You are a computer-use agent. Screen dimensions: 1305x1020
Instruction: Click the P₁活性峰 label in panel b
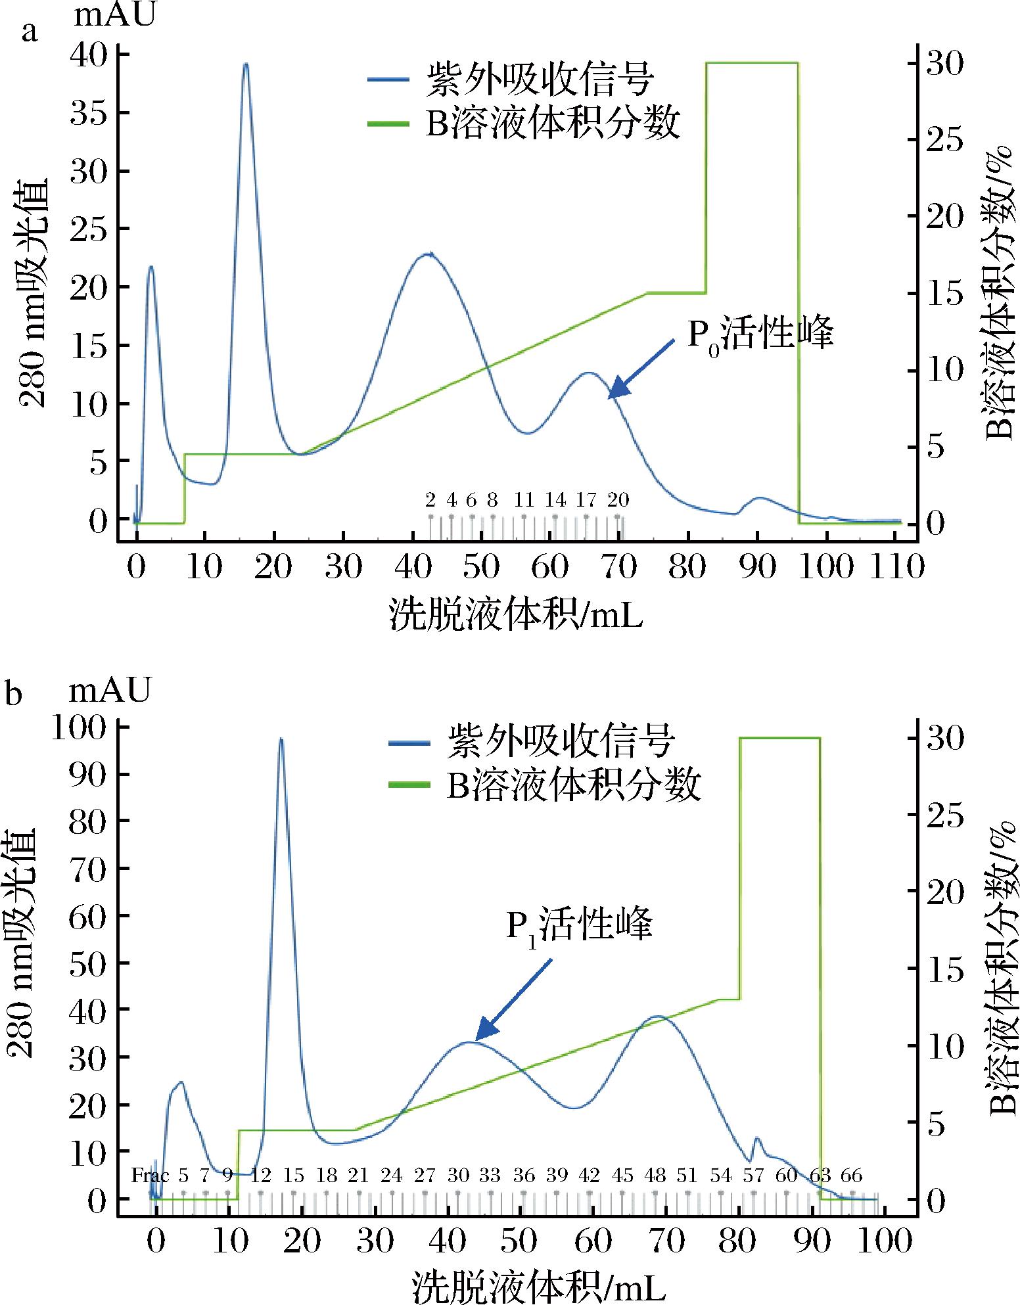[579, 926]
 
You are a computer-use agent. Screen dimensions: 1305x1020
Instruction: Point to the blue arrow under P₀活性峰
[640, 369]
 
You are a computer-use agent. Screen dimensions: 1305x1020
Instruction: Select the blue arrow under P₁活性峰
[513, 999]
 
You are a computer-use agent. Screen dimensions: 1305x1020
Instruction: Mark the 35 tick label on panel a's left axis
[91, 113]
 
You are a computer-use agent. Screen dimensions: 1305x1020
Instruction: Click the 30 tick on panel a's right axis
[944, 64]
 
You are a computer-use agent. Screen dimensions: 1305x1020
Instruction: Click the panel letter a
[30, 32]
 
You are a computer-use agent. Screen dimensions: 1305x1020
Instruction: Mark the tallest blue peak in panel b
[281, 740]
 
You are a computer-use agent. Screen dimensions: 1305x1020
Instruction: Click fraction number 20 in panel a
[617, 500]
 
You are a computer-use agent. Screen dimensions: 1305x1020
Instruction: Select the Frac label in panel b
[150, 1175]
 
